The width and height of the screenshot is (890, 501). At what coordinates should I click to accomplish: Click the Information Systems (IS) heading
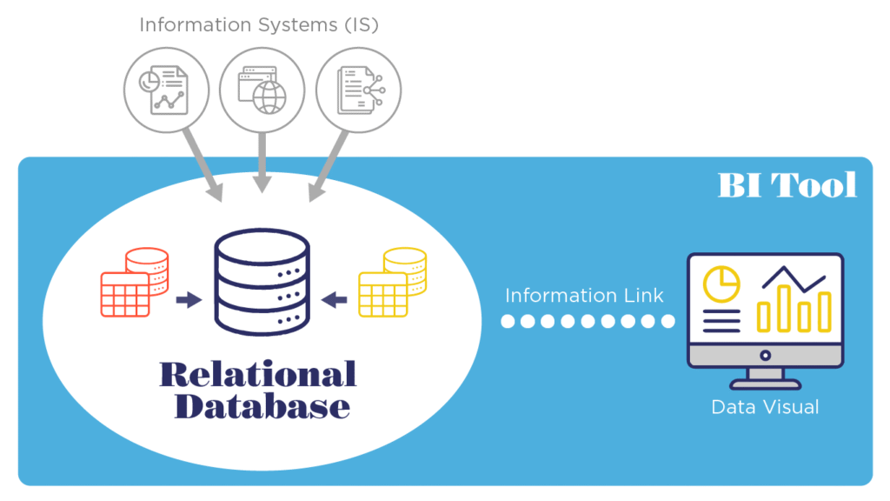click(259, 24)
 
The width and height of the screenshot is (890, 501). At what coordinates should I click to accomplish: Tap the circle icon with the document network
click(357, 90)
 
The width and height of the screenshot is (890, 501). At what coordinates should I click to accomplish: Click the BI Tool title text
click(787, 184)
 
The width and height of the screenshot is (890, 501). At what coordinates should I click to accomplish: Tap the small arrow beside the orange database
click(188, 301)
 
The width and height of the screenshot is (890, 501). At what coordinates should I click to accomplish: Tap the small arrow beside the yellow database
click(335, 301)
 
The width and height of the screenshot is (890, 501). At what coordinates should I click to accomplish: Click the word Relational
click(258, 374)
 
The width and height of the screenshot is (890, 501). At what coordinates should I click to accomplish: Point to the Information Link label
click(584, 295)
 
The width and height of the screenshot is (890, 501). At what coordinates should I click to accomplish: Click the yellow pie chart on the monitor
click(721, 283)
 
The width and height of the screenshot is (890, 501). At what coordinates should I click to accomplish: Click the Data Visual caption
click(765, 406)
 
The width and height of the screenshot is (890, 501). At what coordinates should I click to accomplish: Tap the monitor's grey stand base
click(765, 384)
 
